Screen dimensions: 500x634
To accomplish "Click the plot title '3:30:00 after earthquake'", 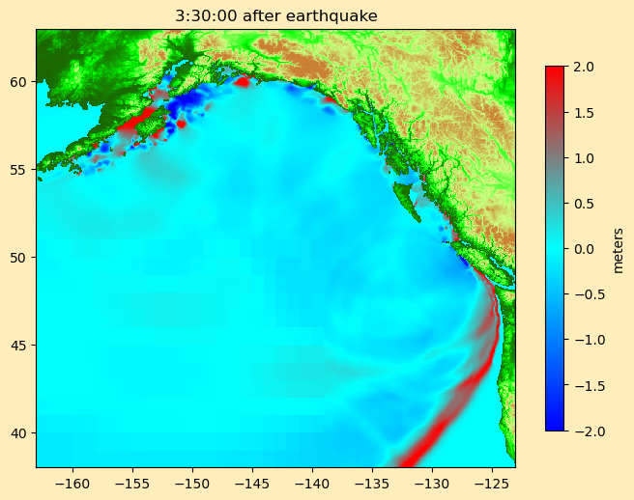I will click(275, 15).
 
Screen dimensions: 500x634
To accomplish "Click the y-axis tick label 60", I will click(19, 81).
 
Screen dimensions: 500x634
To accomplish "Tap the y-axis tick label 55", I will click(19, 169).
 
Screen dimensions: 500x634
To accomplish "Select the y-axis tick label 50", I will click(19, 257).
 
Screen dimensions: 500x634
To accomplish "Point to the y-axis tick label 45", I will click(19, 345).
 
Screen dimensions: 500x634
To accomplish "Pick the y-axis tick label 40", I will click(19, 432).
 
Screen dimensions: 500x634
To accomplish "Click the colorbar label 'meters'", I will click(619, 249).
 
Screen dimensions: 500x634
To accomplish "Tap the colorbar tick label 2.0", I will click(584, 67).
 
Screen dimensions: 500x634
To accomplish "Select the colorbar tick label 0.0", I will click(584, 248).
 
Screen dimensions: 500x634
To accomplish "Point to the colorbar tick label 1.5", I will click(584, 112).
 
